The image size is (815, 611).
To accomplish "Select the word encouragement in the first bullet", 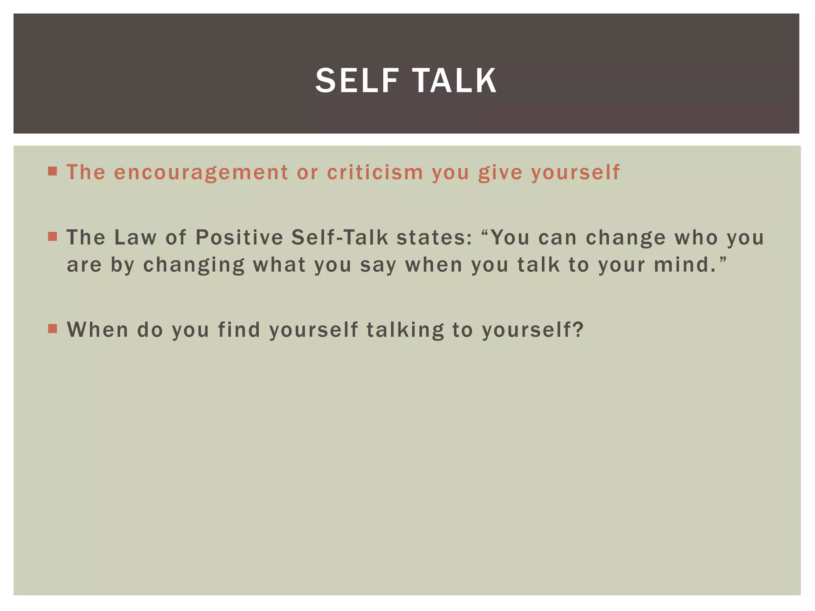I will [x=201, y=173].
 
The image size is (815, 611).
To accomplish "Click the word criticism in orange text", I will [x=375, y=173].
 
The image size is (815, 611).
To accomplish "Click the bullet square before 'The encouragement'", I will [x=53, y=171].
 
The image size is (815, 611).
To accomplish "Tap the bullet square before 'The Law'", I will [x=53, y=237].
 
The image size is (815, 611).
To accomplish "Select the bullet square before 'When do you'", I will [x=53, y=329].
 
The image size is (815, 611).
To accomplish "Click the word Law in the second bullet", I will [x=135, y=237].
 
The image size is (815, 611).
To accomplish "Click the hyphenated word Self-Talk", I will [x=339, y=237].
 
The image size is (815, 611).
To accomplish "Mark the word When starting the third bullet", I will [x=97, y=329].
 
